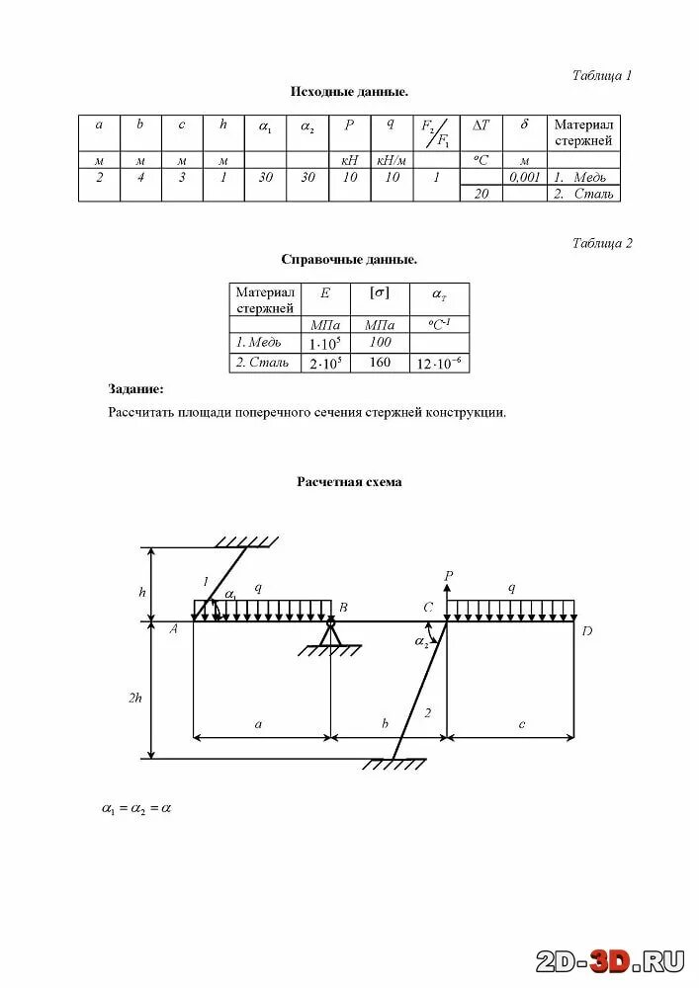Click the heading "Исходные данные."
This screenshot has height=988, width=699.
(x=349, y=92)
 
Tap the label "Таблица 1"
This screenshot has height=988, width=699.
(x=602, y=75)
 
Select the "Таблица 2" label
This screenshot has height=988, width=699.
(x=602, y=243)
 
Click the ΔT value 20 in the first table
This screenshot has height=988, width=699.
(x=481, y=194)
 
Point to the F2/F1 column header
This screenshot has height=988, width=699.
(x=435, y=131)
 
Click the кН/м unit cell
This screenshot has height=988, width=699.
(x=393, y=160)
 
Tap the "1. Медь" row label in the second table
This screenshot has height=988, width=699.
(x=258, y=343)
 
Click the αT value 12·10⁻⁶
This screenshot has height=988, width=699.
(x=438, y=363)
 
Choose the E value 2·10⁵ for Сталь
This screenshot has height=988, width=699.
(x=324, y=363)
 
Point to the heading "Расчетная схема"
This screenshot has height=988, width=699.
(x=349, y=482)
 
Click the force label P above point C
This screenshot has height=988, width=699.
(x=448, y=574)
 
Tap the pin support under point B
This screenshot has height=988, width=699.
(x=330, y=635)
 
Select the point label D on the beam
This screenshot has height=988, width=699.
(x=586, y=631)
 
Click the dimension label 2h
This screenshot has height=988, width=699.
(x=135, y=697)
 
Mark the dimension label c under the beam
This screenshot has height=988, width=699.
(x=521, y=724)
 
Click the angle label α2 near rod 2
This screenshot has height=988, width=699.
(x=421, y=642)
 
